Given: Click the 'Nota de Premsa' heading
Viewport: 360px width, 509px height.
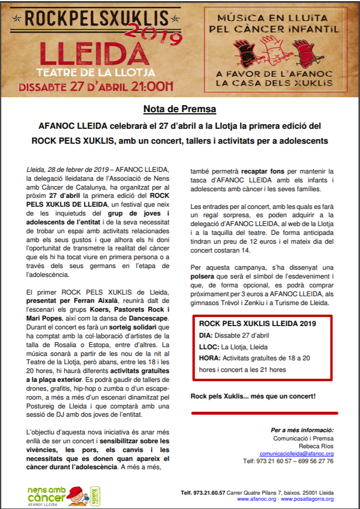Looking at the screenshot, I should pyautogui.click(x=180, y=108).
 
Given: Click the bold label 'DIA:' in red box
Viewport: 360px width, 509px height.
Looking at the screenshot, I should pyautogui.click(x=206, y=335).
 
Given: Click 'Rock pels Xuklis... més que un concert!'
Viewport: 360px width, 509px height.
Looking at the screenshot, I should pyautogui.click(x=253, y=396).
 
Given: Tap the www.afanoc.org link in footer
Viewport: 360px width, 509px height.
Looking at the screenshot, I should pyautogui.click(x=257, y=498).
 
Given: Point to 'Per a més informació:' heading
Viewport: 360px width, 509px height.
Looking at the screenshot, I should pyautogui.click(x=302, y=429).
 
